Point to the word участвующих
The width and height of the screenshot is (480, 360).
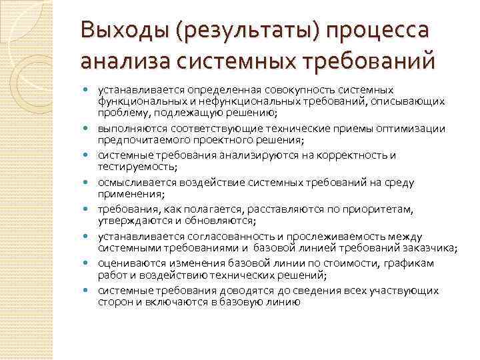coord(403,291)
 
